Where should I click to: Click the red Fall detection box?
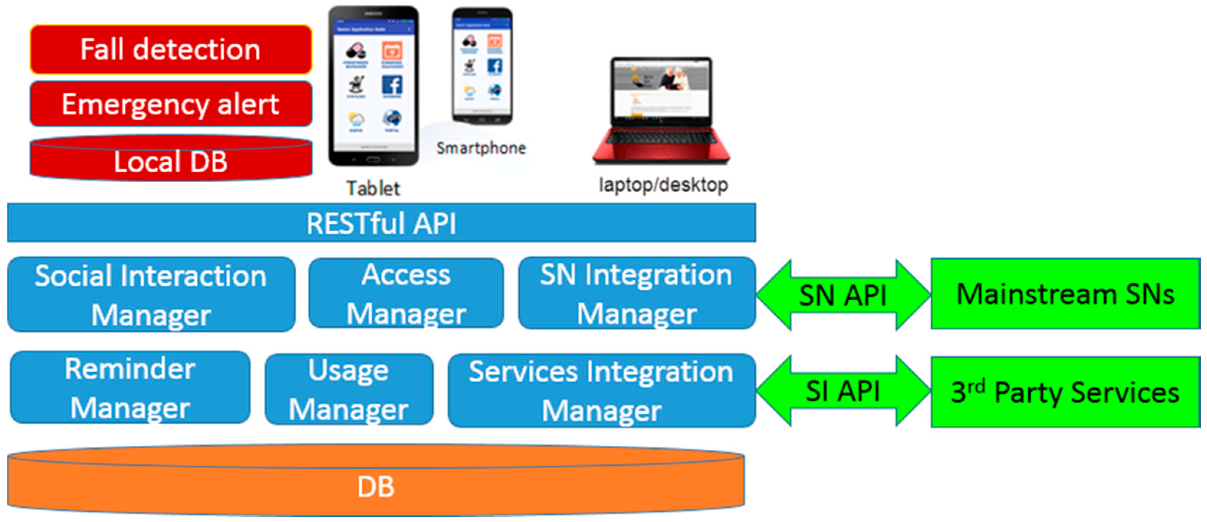point(171,50)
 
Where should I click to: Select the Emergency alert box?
point(171,104)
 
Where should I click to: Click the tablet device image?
point(373,87)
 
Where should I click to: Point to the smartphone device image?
point(482,65)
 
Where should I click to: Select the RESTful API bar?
point(381,223)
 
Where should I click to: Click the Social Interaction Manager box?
point(151,295)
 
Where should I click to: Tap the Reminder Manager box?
point(130,388)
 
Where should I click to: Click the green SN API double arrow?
point(842,295)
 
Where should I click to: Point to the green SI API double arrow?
point(842,391)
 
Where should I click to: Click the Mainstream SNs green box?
point(1064,295)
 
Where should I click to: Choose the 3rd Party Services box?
point(1064,392)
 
